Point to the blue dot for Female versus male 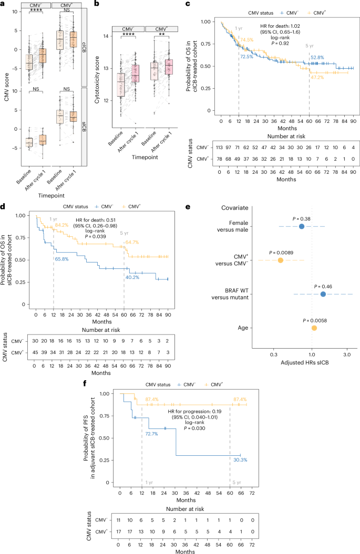coord(301,226)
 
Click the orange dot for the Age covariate coord(314,328)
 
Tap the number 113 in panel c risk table coord(221,148)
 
